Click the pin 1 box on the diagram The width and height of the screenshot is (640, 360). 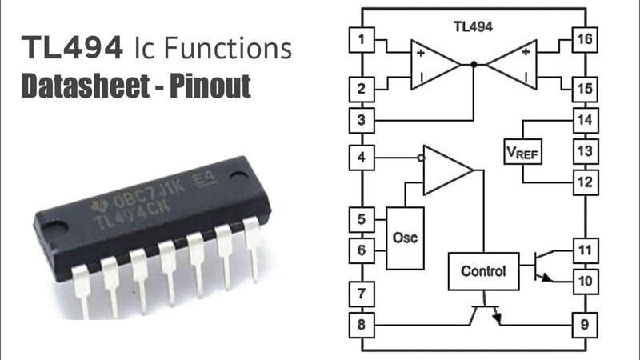pos(363,39)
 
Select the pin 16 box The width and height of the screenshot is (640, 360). pos(586,39)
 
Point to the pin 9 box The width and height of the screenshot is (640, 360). pos(586,325)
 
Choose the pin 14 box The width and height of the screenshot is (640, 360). pos(586,122)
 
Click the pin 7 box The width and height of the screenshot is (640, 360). pos(363,294)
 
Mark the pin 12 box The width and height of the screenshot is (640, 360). pos(586,182)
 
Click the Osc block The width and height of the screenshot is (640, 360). pos(406,238)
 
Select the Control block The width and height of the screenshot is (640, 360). pos(483,271)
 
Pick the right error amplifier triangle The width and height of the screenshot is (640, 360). pos(512,63)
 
